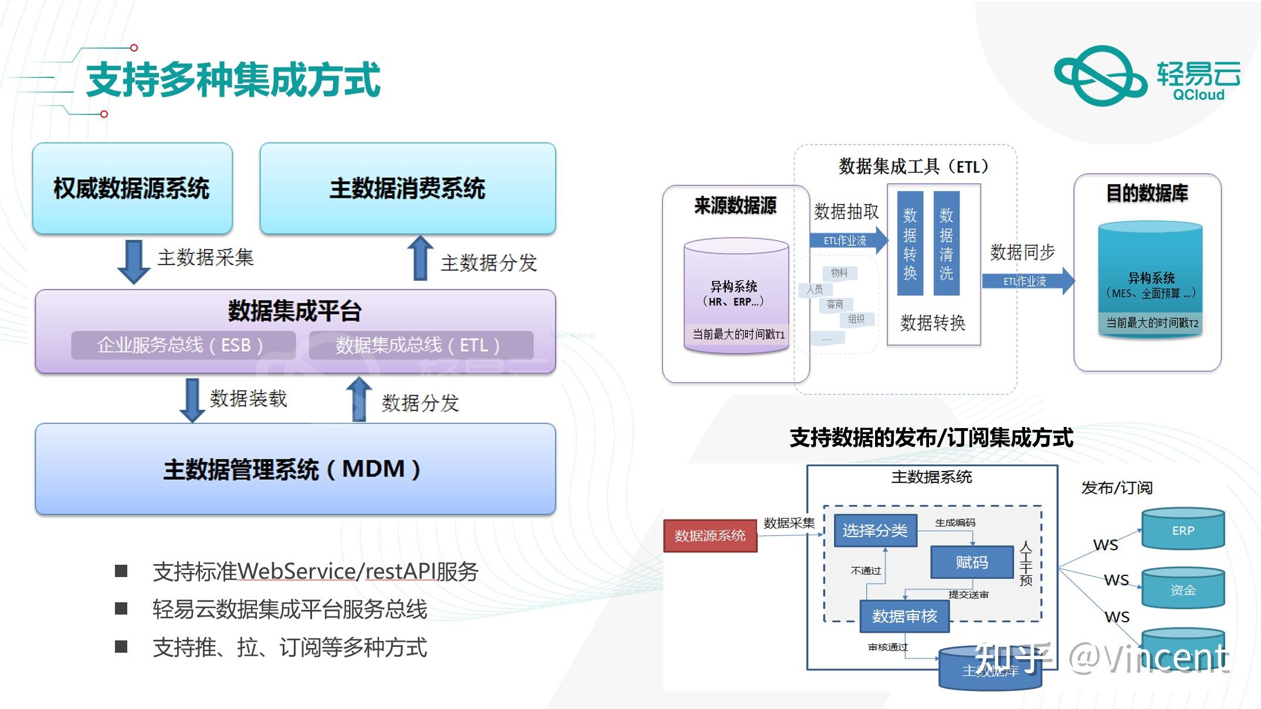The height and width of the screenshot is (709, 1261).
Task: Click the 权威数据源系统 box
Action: [132, 188]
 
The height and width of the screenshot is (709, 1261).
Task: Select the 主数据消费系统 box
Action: [407, 188]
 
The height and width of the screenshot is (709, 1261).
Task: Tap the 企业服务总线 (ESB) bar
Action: [182, 345]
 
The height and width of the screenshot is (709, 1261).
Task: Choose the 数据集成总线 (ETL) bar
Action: [420, 345]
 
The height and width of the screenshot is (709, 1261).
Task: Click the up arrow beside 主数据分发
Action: [420, 259]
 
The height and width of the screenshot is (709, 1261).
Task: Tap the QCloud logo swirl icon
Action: [1100, 76]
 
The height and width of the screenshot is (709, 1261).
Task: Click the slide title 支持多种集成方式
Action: [233, 80]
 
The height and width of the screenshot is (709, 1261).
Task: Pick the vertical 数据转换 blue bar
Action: [910, 243]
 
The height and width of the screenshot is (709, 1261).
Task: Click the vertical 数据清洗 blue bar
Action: [946, 243]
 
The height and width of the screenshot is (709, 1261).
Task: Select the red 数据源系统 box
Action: [710, 535]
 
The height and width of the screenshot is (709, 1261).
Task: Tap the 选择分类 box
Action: [874, 531]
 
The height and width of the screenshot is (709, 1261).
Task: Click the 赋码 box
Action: [971, 562]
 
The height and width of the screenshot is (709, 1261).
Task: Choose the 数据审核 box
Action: [904, 616]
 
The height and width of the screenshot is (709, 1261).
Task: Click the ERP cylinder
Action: [1182, 530]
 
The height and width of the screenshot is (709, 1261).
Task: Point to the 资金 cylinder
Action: [1182, 589]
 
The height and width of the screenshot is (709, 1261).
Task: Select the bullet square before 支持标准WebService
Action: [121, 571]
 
